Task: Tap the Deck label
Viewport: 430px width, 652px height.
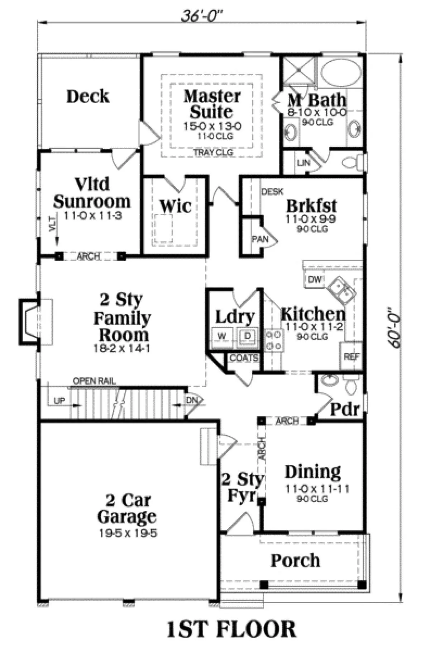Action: click(x=88, y=96)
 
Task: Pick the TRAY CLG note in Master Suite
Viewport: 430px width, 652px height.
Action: click(x=213, y=152)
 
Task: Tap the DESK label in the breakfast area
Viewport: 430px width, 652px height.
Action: click(x=272, y=192)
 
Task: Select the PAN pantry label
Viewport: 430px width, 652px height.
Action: click(x=260, y=239)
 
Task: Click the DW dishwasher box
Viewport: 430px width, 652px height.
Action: click(x=315, y=279)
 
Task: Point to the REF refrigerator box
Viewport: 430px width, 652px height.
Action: click(x=351, y=356)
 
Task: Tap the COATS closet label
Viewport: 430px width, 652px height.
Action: click(x=244, y=358)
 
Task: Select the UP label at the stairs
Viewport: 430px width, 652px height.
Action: click(x=59, y=400)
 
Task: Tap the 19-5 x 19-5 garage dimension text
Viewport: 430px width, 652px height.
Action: click(x=128, y=533)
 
